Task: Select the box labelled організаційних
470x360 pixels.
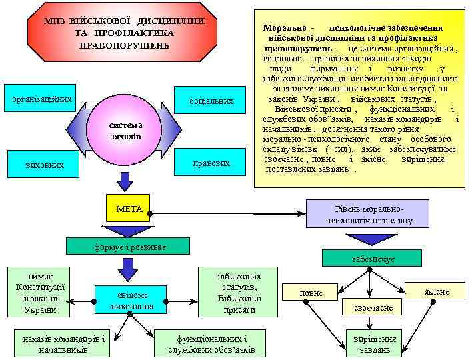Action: tap(38, 99)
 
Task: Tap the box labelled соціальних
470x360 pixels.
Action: tap(211, 101)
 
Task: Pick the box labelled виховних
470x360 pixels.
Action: tap(45, 164)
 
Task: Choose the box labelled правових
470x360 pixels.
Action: tap(211, 163)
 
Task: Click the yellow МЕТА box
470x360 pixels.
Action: tap(129, 209)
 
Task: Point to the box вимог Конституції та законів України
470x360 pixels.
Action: tap(40, 291)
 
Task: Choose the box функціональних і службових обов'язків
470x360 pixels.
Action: tap(211, 343)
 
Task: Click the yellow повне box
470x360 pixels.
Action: tap(311, 293)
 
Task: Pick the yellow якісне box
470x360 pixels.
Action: tap(436, 291)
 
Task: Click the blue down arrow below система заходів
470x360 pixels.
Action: tap(125, 180)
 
